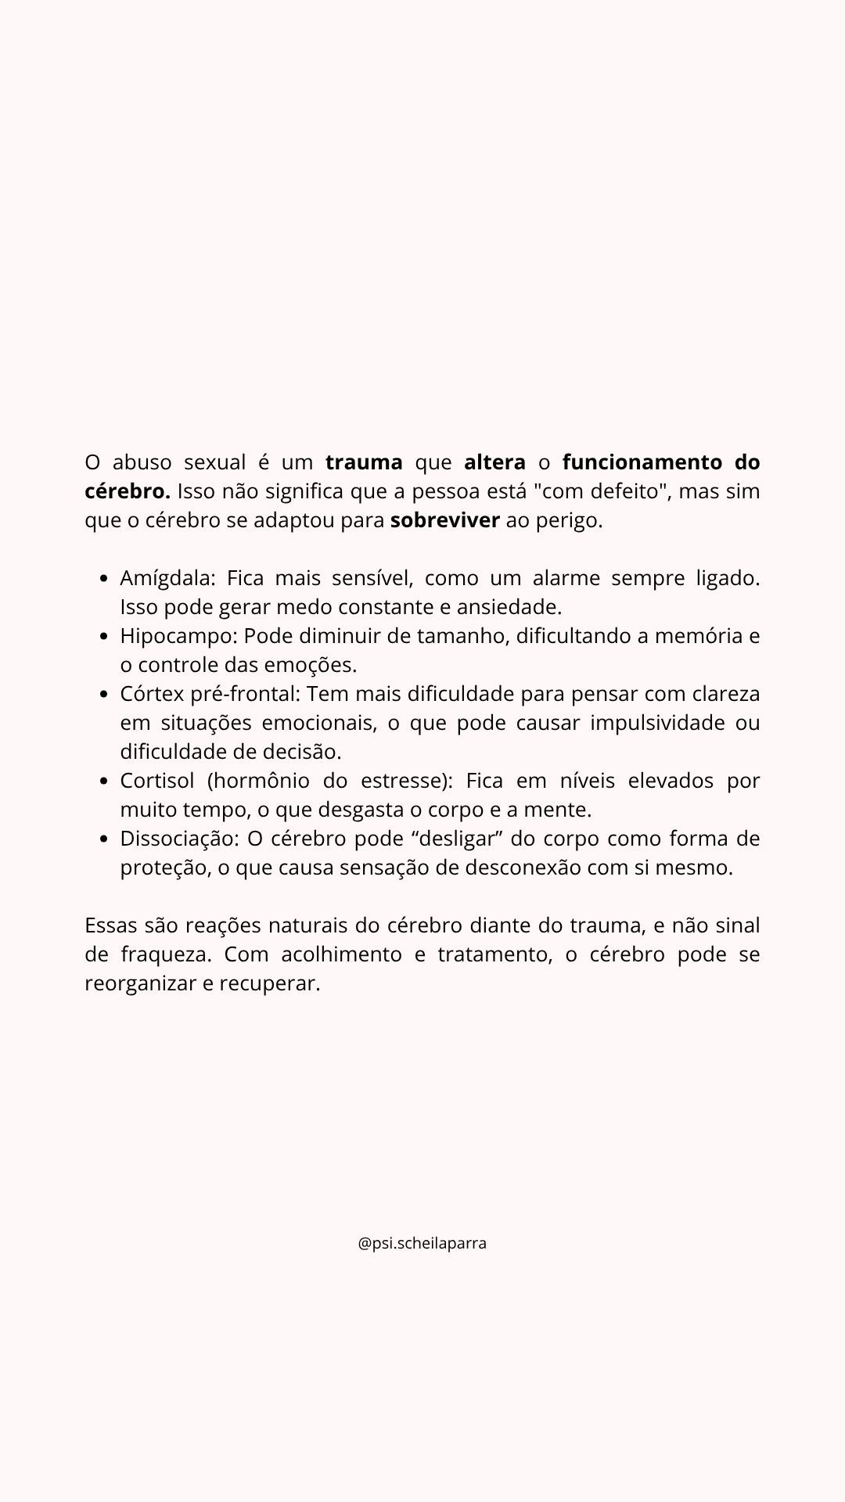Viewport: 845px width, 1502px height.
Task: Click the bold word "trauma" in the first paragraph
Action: pos(364,462)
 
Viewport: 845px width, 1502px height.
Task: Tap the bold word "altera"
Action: pos(494,462)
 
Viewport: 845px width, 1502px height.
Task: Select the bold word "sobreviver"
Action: pos(444,520)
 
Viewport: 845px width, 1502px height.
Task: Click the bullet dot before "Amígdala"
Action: pos(104,579)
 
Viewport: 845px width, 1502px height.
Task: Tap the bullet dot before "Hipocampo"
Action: pos(104,637)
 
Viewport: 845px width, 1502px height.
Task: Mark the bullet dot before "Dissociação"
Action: pos(104,839)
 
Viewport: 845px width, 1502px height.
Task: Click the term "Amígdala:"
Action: pos(167,578)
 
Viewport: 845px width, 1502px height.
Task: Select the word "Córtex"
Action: pos(152,694)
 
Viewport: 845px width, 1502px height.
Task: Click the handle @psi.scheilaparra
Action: pos(422,1243)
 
